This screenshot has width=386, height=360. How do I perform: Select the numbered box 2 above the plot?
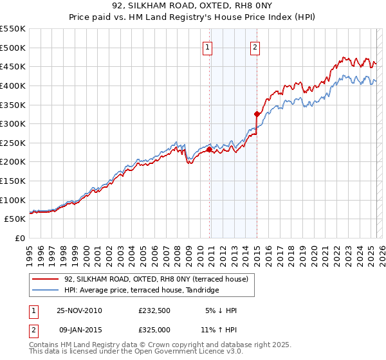click(x=255, y=46)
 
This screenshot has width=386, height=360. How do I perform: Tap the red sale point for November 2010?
click(x=209, y=149)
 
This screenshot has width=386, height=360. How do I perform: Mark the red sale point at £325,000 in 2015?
click(x=257, y=114)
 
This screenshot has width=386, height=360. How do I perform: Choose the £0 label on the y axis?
click(x=21, y=238)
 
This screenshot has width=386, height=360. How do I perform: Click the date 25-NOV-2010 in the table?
click(x=79, y=310)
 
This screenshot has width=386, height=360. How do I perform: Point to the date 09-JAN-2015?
click(x=79, y=330)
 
